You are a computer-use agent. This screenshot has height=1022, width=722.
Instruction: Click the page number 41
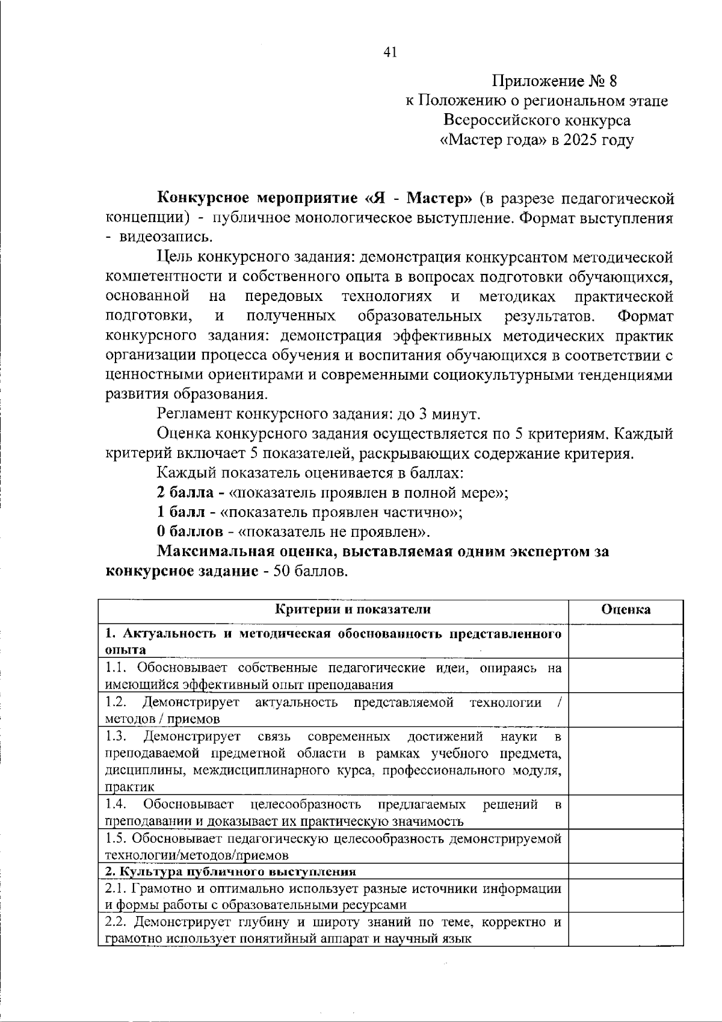tap(389, 53)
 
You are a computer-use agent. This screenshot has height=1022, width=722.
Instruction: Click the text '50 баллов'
tap(310, 571)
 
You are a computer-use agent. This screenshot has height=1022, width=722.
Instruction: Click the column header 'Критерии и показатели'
tap(353, 609)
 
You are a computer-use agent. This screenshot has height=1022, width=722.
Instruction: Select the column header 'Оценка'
tap(626, 609)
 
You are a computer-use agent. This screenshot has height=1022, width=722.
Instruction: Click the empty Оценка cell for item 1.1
tap(626, 675)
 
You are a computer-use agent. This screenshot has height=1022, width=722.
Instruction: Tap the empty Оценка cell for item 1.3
tap(626, 761)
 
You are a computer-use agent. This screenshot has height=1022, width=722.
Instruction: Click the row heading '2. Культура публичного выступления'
tap(231, 872)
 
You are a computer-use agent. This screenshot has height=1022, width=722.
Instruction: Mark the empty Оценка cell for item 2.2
tap(626, 930)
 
